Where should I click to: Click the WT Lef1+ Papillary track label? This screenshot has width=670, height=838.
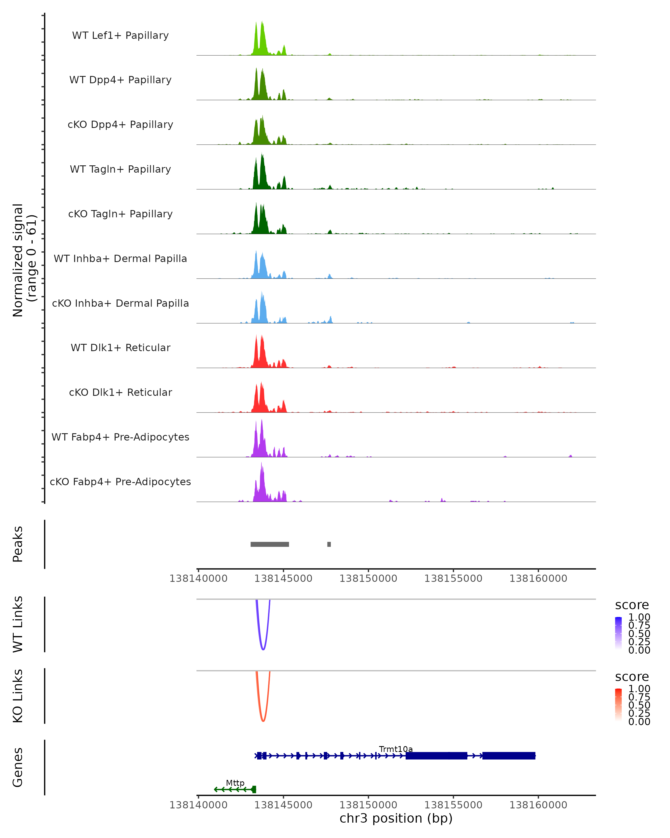(120, 35)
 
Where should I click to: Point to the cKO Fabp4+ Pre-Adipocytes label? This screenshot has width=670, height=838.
(120, 482)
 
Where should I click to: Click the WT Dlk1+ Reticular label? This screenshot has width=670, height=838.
(120, 347)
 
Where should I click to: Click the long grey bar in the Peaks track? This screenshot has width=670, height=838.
(270, 544)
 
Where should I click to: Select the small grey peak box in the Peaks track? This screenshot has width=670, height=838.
(329, 544)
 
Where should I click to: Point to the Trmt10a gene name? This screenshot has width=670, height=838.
(396, 749)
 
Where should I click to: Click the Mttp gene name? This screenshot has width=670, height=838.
(235, 783)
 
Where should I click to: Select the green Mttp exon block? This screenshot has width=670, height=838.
(254, 789)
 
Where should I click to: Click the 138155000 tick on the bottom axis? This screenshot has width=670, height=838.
(453, 805)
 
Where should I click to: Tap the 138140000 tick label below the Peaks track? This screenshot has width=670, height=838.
(198, 579)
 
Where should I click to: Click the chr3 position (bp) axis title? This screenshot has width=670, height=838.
(396, 818)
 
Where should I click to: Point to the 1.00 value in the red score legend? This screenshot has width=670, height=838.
(639, 689)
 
